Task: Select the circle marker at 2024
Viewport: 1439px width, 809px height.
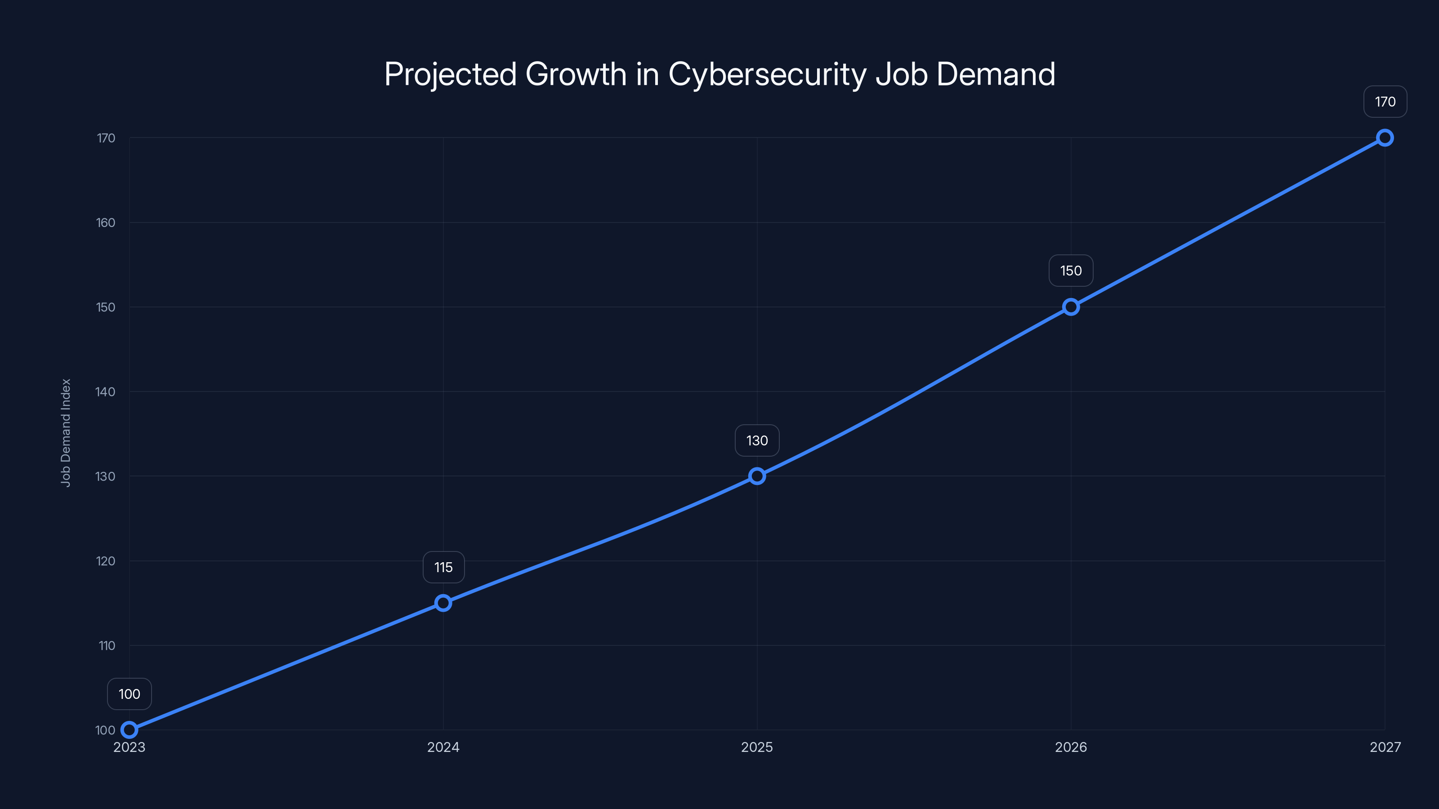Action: pos(443,602)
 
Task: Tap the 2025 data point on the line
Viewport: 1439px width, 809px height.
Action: pos(757,476)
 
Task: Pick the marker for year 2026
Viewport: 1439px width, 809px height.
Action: pos(1071,307)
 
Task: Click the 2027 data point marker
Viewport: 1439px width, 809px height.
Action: pos(1385,138)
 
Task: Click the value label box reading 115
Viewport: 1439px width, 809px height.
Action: pos(443,567)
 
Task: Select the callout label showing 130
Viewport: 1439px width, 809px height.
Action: pos(757,440)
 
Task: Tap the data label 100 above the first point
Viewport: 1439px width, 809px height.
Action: pos(129,694)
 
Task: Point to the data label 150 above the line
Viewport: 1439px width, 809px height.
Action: pos(1071,271)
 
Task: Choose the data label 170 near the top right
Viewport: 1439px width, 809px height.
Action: pos(1385,102)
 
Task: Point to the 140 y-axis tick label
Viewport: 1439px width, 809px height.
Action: pos(106,392)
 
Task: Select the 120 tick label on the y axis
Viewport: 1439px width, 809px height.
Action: pos(106,561)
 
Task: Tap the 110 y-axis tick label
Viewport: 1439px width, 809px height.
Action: pos(107,646)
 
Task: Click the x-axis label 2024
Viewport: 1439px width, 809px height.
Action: pos(443,747)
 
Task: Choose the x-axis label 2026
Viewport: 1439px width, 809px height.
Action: pos(1071,747)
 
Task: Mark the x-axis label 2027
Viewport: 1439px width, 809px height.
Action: pos(1385,747)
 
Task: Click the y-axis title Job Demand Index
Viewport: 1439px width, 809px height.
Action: pos(66,433)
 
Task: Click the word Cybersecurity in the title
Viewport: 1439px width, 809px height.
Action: pos(768,74)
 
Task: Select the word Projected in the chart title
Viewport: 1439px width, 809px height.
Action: pos(450,74)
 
